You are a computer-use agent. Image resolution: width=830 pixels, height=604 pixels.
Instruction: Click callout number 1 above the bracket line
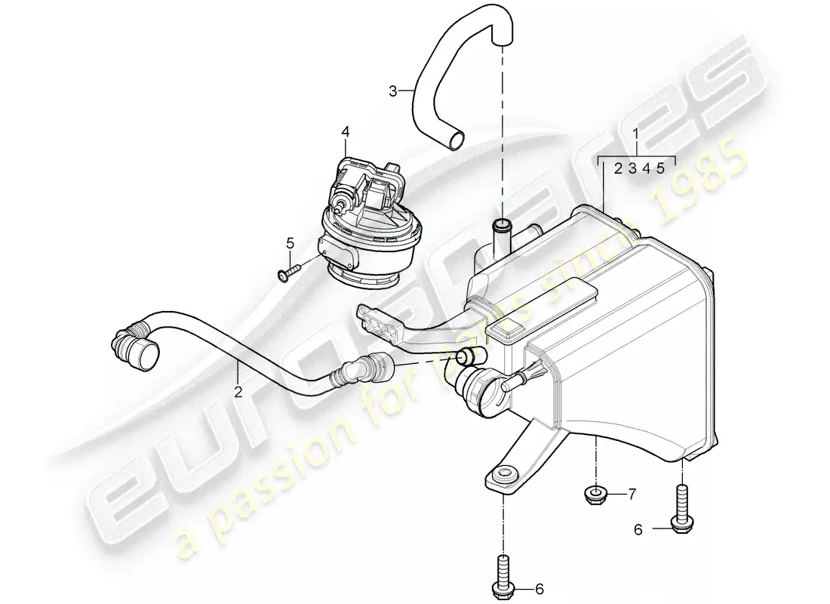(x=636, y=137)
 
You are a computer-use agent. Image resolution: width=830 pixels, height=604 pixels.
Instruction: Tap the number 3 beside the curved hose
(x=393, y=91)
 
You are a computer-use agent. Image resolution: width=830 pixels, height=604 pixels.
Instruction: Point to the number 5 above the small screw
(x=289, y=243)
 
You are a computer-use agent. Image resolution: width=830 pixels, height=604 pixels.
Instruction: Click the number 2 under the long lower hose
(x=238, y=392)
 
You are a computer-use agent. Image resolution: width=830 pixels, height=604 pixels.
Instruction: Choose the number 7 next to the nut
(x=632, y=495)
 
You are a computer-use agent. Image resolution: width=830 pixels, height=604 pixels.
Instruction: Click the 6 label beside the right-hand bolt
(x=638, y=531)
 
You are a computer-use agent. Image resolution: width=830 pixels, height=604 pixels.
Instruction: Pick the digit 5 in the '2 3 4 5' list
(x=661, y=169)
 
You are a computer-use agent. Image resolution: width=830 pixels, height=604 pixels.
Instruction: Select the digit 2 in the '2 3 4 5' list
(x=618, y=169)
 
